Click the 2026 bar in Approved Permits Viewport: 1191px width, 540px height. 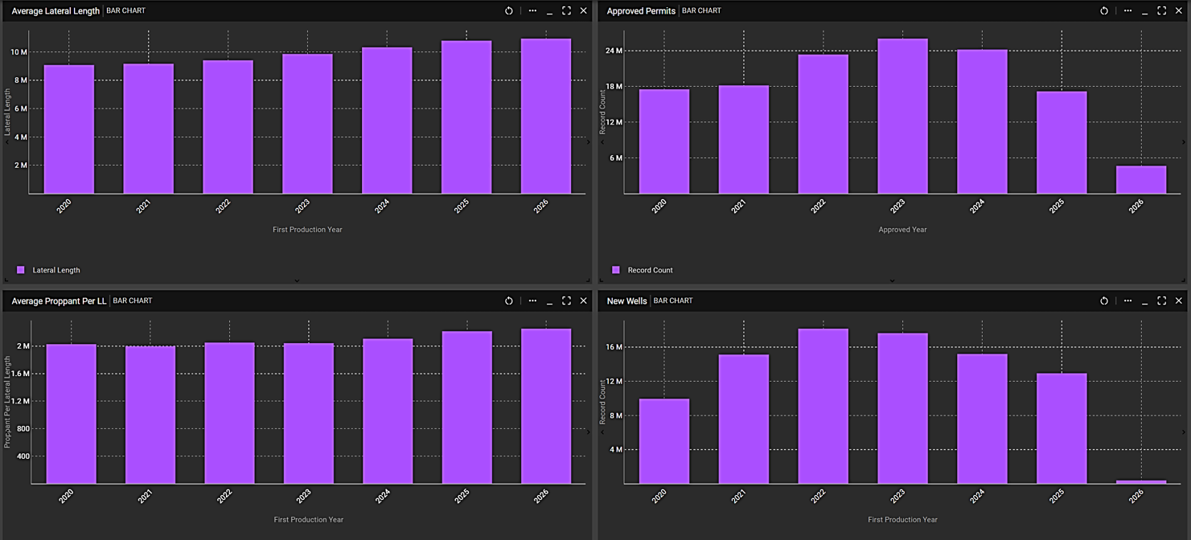pos(1140,180)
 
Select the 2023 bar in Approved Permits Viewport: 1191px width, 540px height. pos(902,117)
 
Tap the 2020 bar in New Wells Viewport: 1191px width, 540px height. pos(664,441)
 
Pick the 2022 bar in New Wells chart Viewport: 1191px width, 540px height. pos(823,406)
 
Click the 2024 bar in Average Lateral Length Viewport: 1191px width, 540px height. pos(387,121)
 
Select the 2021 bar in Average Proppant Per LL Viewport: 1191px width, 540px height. pos(150,415)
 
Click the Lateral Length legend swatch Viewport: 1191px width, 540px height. pos(21,270)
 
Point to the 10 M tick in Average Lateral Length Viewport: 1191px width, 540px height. pos(18,52)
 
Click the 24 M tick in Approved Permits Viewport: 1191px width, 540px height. pos(614,51)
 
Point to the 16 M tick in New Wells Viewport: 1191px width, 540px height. pos(614,347)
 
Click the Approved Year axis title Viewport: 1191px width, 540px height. pos(902,230)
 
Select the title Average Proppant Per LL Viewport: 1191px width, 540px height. pos(59,301)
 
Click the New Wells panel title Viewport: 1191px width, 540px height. pos(626,301)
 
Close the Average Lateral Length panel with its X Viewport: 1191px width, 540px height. pos(584,10)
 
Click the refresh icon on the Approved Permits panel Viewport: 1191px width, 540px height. pos(1104,10)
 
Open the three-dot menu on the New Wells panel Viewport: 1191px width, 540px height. pos(1127,301)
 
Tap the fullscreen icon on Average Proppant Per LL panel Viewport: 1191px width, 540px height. pos(566,301)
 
